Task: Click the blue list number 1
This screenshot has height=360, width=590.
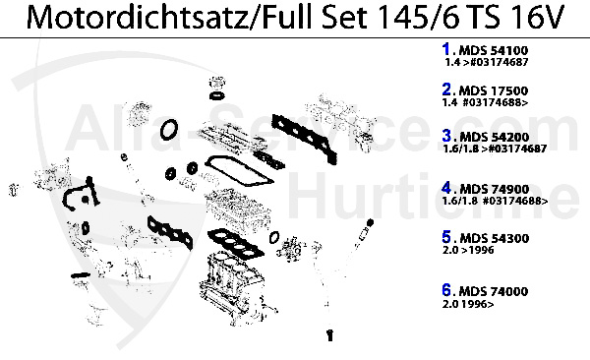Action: point(446,47)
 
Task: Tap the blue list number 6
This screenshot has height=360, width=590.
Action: point(446,292)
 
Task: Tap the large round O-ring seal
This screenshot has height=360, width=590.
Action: point(169,130)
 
